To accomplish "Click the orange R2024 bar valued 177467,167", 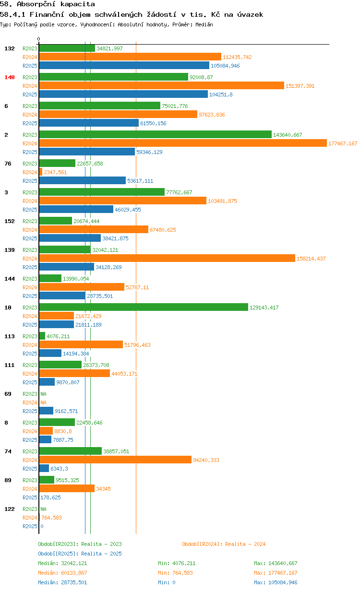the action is point(183,143).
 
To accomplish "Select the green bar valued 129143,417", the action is point(144,307).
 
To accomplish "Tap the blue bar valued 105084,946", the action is point(124,65).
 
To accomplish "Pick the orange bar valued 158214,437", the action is point(167,258).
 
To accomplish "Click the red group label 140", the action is point(10,77).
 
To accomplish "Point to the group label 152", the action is point(10,221).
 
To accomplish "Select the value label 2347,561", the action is point(55,172).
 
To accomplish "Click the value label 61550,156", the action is point(153,123).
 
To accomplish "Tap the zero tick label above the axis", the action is point(38,39).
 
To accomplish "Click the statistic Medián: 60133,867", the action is point(62,573).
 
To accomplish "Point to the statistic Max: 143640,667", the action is point(276,563).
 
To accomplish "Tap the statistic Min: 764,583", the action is point(175,573).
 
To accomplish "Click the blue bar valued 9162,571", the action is point(46,411).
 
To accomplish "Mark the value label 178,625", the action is point(50,497).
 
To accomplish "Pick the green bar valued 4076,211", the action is point(42,336).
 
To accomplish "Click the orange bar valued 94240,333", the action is point(115,460).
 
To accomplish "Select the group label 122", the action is point(10,509).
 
